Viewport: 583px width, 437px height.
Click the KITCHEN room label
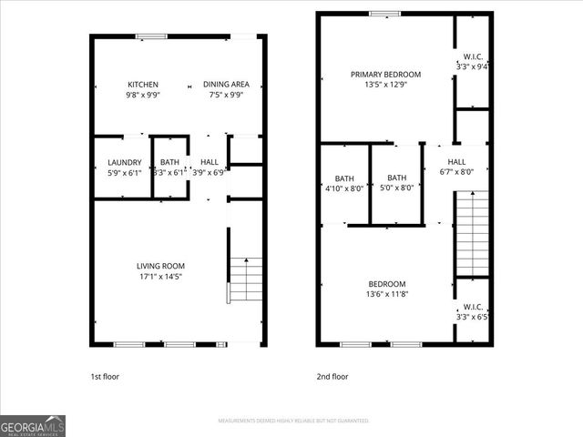[x=143, y=84]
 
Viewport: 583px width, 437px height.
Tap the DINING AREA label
[x=223, y=84]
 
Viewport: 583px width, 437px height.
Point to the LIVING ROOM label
[x=160, y=266]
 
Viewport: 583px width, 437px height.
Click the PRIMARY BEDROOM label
[x=386, y=75]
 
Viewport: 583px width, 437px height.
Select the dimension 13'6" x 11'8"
[x=386, y=294]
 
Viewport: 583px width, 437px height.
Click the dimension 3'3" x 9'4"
[x=472, y=66]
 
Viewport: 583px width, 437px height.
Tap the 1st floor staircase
[x=246, y=279]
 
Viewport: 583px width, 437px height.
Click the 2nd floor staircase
[x=472, y=235]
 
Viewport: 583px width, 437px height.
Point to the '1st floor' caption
[x=105, y=376]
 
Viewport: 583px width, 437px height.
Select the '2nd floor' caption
[x=332, y=376]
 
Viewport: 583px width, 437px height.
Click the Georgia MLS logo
[x=33, y=425]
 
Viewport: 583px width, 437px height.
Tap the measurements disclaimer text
[x=293, y=421]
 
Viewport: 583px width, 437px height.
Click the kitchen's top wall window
[x=151, y=36]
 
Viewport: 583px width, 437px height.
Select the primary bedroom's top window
[x=384, y=14]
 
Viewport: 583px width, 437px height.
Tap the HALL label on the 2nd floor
[x=456, y=162]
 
